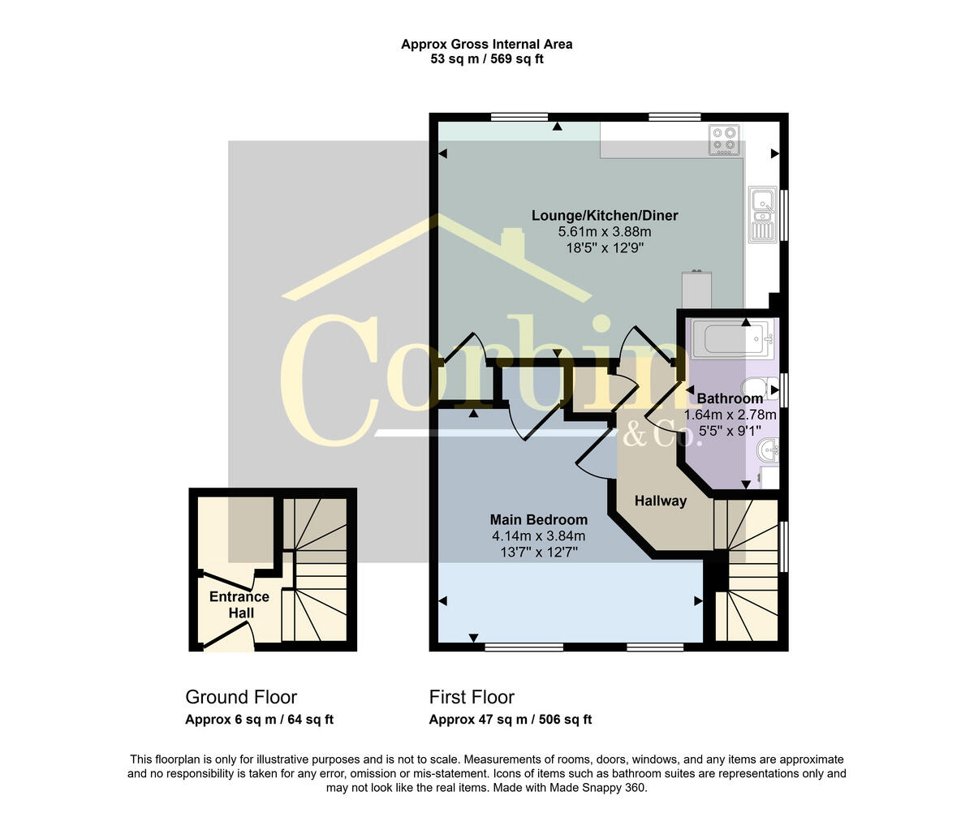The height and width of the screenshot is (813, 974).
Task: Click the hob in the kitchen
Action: [x=725, y=140]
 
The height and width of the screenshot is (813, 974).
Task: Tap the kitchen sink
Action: [x=763, y=214]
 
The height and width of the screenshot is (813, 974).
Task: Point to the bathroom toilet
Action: [x=760, y=389]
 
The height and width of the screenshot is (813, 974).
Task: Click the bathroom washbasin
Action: [x=767, y=449]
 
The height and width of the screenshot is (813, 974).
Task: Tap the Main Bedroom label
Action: [x=538, y=520]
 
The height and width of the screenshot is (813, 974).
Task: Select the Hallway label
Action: [x=660, y=501]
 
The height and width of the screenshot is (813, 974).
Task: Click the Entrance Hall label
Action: [x=239, y=605]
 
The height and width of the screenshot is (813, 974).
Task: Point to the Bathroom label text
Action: [x=730, y=399]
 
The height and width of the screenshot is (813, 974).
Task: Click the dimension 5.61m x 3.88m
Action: [x=605, y=232]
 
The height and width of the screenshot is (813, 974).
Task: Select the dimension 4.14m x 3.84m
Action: [x=538, y=536]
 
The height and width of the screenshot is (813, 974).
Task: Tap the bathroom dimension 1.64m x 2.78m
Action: [x=730, y=415]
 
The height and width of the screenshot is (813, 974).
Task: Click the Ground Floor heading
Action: [x=241, y=697]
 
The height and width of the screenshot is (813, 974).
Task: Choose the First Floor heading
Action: [x=472, y=697]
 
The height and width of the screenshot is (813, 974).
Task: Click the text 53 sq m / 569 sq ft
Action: [x=486, y=59]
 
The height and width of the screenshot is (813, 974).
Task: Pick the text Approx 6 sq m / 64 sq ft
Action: [x=259, y=720]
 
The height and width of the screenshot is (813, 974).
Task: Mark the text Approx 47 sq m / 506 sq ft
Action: [x=510, y=720]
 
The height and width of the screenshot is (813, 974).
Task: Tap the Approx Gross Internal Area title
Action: [x=486, y=45]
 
